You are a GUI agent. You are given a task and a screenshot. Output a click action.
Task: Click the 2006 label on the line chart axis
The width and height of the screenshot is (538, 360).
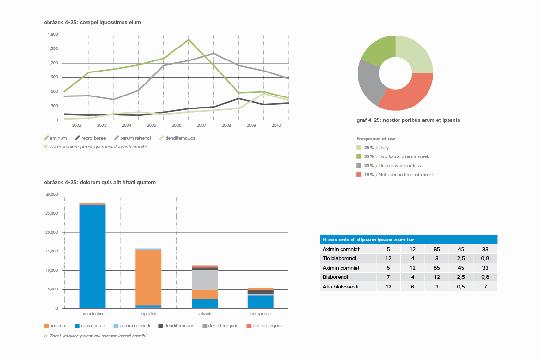(x=176, y=125)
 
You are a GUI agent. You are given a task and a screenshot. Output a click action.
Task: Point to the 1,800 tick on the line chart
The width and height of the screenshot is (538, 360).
(x=53, y=35)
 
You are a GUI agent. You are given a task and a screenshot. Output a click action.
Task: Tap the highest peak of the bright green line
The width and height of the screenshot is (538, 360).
(x=189, y=40)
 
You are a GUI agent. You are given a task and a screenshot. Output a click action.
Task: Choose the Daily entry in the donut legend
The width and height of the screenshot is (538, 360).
(x=383, y=148)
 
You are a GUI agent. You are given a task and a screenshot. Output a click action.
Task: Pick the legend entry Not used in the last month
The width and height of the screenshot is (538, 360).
(x=406, y=175)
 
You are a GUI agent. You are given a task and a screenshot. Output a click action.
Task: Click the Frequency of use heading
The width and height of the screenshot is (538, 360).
(x=376, y=139)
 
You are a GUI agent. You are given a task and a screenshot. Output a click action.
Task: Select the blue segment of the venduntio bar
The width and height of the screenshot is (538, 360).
(x=92, y=254)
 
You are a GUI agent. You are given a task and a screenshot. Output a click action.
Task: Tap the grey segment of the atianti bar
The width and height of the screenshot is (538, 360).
(x=205, y=280)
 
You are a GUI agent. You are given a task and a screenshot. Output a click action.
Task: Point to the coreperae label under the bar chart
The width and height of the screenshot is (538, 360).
(x=260, y=314)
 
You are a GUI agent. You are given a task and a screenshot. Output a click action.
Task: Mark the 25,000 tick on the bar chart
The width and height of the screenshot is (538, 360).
(x=51, y=214)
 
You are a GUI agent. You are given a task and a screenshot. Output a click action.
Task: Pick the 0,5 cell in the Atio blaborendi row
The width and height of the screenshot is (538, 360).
(x=461, y=287)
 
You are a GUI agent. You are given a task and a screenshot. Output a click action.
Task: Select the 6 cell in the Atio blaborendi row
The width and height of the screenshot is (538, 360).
(x=412, y=287)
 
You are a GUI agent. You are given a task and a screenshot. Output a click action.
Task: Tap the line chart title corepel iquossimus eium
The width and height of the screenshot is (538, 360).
(x=92, y=22)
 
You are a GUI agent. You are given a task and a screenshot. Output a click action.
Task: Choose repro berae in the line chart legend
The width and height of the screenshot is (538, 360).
(x=93, y=138)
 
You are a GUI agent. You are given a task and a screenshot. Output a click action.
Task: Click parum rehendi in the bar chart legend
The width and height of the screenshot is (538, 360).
(x=135, y=326)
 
